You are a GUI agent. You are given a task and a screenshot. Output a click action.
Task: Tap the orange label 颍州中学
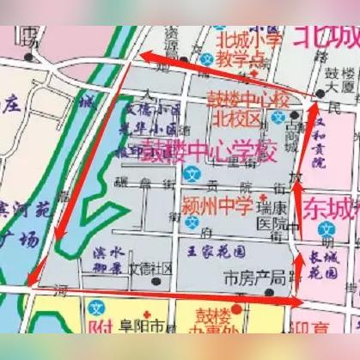(x=217, y=205)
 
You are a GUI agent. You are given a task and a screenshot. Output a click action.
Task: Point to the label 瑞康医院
(x=274, y=218)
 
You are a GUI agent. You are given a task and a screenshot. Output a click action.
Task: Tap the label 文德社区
(x=150, y=266)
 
